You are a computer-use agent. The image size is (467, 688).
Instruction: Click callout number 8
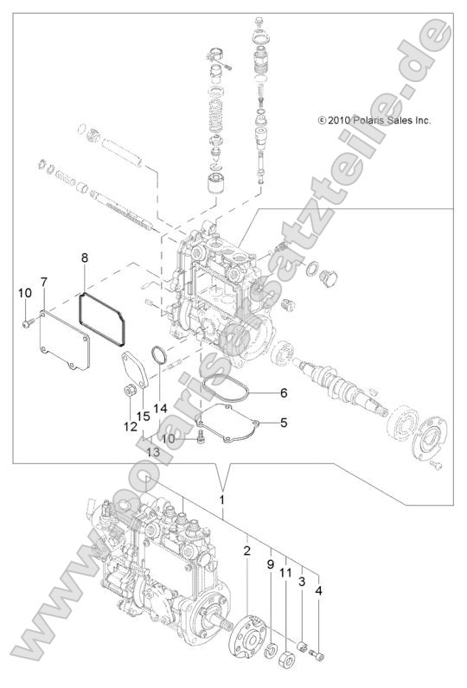tap(85, 258)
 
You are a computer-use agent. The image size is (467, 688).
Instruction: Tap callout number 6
tap(282, 392)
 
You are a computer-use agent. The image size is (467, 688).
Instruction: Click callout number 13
tap(153, 452)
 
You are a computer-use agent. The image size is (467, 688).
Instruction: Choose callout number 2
tap(247, 551)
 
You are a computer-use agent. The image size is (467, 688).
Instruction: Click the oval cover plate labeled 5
tap(227, 427)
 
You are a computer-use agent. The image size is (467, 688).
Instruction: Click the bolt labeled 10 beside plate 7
tap(26, 322)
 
